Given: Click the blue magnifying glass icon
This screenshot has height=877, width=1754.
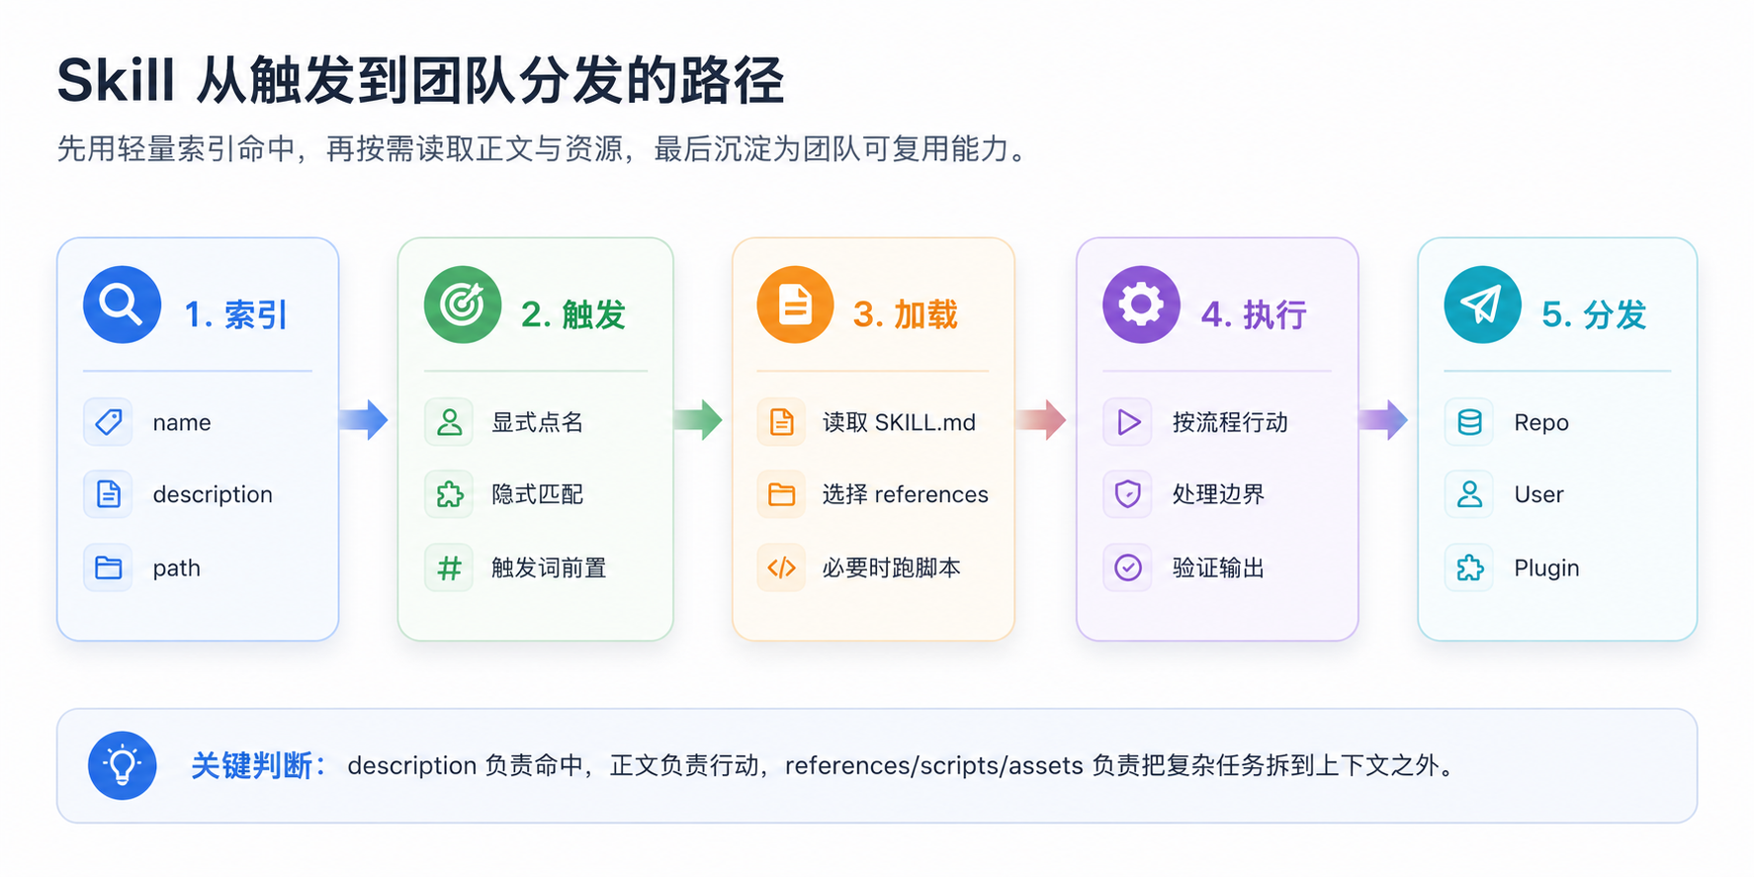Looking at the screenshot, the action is [x=122, y=305].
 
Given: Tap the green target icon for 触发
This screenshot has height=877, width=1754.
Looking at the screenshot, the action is [x=463, y=305].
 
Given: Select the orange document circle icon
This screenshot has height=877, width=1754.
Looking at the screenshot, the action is [x=795, y=305].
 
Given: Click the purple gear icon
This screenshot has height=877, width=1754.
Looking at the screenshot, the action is [x=1141, y=305].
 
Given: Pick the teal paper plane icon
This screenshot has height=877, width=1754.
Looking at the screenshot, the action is [x=1482, y=305].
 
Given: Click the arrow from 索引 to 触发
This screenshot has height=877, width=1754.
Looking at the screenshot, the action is [x=363, y=420].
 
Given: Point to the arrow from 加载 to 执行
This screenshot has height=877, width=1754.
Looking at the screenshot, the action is [x=1041, y=420].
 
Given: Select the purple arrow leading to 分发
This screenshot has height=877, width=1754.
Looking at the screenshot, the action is [x=1382, y=420].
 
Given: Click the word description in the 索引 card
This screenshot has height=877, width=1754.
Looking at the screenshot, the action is [x=213, y=494].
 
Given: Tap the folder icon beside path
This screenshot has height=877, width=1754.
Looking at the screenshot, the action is [x=108, y=568].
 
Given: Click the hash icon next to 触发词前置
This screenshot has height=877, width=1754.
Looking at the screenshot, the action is [x=449, y=568].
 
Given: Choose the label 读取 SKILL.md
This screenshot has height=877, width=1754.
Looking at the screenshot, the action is [x=899, y=422].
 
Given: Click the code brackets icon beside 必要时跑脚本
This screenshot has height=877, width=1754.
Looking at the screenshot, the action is [x=781, y=568].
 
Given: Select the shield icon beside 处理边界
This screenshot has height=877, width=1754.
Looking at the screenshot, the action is [x=1128, y=493].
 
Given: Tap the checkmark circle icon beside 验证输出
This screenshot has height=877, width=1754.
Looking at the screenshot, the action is [x=1128, y=568].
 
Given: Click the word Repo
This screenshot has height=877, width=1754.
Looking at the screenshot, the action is [x=1541, y=423].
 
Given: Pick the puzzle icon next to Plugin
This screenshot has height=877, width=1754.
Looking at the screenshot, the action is [x=1469, y=568].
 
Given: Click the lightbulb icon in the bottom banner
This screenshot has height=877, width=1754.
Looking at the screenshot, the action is [x=123, y=765].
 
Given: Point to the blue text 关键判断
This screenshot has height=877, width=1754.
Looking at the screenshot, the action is [x=251, y=765].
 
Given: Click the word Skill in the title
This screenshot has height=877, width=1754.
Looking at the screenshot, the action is [x=116, y=80].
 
